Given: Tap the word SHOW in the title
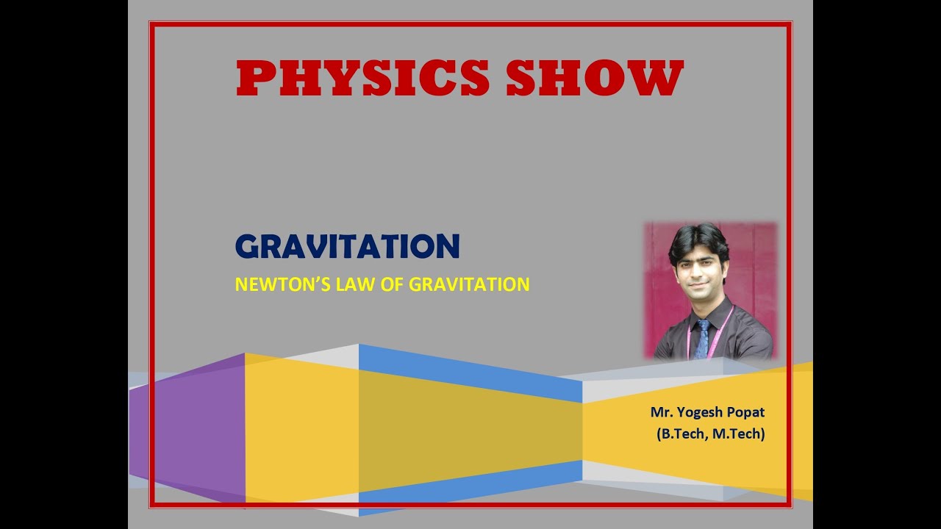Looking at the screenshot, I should coord(595,79).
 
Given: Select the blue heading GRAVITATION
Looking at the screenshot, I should coord(347,247).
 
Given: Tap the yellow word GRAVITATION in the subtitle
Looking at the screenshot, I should coord(469,284).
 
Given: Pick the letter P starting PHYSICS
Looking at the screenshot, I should coord(254,79).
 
